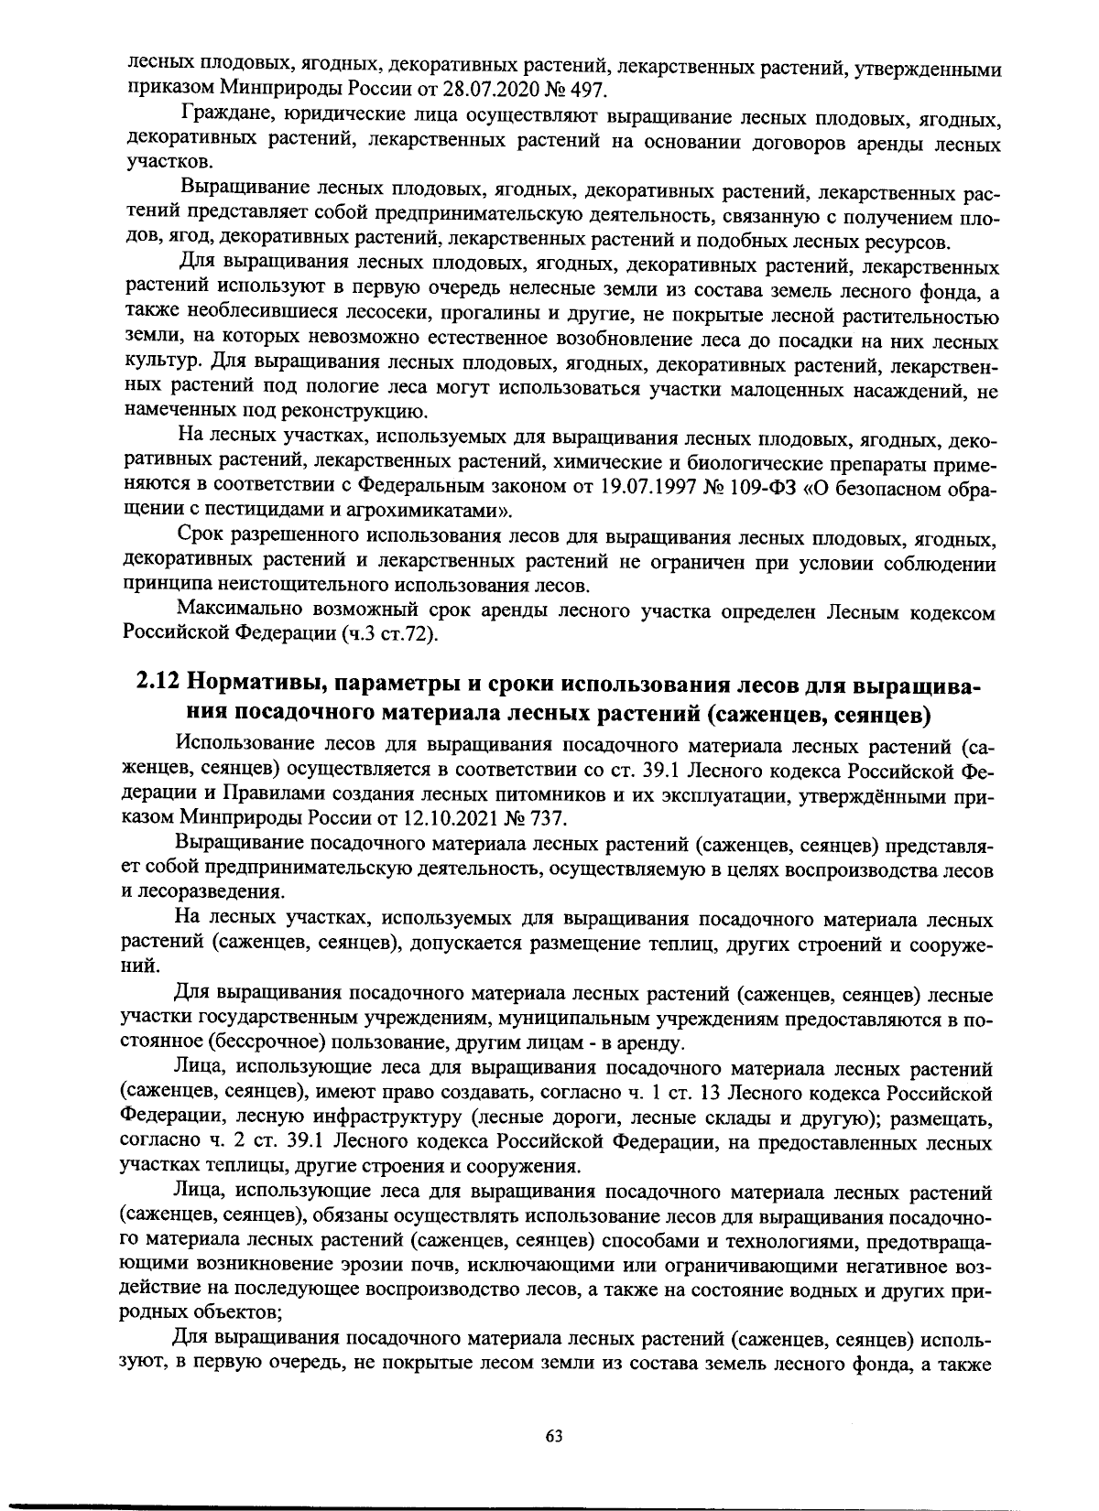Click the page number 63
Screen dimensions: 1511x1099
pyautogui.click(x=553, y=1435)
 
